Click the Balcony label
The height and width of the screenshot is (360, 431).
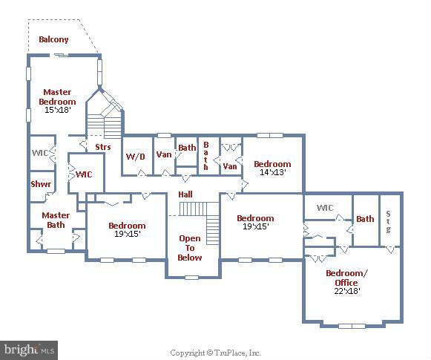(x=54, y=39)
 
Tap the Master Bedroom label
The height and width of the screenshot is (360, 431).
(x=57, y=96)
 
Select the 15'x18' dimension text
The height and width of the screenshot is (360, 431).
(x=57, y=110)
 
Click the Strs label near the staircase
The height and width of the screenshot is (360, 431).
(x=102, y=147)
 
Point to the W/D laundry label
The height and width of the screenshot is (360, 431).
(x=135, y=156)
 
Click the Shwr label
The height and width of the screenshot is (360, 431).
(x=40, y=184)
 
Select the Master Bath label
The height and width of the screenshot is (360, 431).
(x=56, y=220)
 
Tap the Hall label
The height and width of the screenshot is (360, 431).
(x=185, y=194)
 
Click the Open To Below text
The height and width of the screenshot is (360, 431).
(x=190, y=248)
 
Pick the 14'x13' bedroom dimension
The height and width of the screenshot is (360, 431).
(x=272, y=172)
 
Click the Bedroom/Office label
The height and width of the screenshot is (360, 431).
(x=346, y=278)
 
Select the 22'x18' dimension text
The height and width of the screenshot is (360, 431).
(x=346, y=291)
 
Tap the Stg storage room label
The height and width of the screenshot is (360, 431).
(x=389, y=221)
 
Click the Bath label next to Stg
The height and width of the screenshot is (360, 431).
(x=365, y=219)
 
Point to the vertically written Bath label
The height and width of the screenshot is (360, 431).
(x=207, y=156)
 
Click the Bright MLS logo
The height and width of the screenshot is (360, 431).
(x=30, y=348)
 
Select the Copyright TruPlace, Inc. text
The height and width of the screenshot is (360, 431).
(x=215, y=353)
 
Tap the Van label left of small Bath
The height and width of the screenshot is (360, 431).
(x=164, y=154)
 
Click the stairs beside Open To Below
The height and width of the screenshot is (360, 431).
(x=212, y=222)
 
